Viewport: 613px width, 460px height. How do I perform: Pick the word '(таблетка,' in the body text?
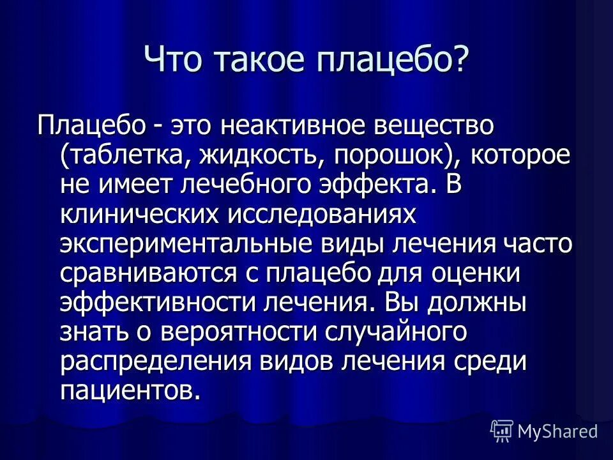click(126, 155)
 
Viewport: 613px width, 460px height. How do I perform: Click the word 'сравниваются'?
click(141, 273)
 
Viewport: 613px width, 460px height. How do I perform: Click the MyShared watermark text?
click(557, 430)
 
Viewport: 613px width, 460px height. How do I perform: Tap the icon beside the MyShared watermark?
click(501, 429)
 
